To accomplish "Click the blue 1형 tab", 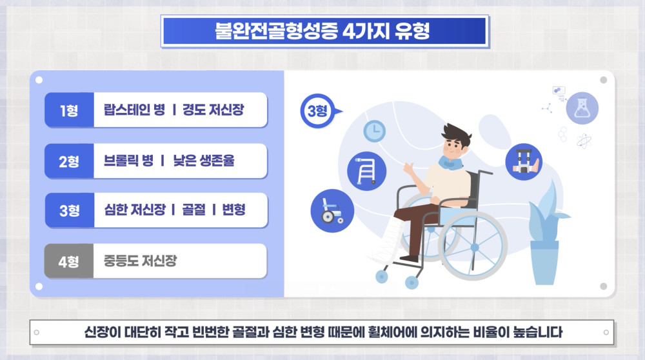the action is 69,110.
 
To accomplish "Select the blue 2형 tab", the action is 69,161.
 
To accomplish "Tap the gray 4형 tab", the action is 69,261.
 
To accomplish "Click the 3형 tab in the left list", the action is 70,210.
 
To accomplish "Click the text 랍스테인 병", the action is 134,110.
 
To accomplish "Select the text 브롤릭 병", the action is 128,161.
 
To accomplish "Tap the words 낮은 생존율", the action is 204,161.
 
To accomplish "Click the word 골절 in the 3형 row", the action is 193,210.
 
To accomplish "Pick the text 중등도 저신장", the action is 140,261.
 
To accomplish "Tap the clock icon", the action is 374,131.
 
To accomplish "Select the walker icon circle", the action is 366,171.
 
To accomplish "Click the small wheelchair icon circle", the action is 332,211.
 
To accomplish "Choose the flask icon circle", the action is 582,108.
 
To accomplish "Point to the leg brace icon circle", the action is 524,162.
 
